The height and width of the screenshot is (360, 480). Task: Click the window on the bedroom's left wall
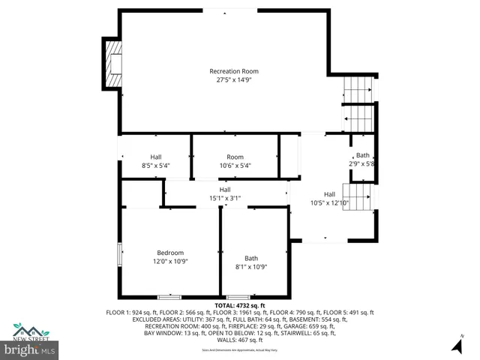[x=118, y=256]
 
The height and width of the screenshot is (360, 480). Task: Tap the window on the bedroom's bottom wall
[x=169, y=297]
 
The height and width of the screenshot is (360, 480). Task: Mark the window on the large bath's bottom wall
[x=238, y=297]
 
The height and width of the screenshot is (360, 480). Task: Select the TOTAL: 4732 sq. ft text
[x=239, y=305]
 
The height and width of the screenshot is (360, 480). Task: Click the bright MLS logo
[x=28, y=349]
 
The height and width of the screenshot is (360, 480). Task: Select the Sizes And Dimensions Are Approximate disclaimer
[x=239, y=350]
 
